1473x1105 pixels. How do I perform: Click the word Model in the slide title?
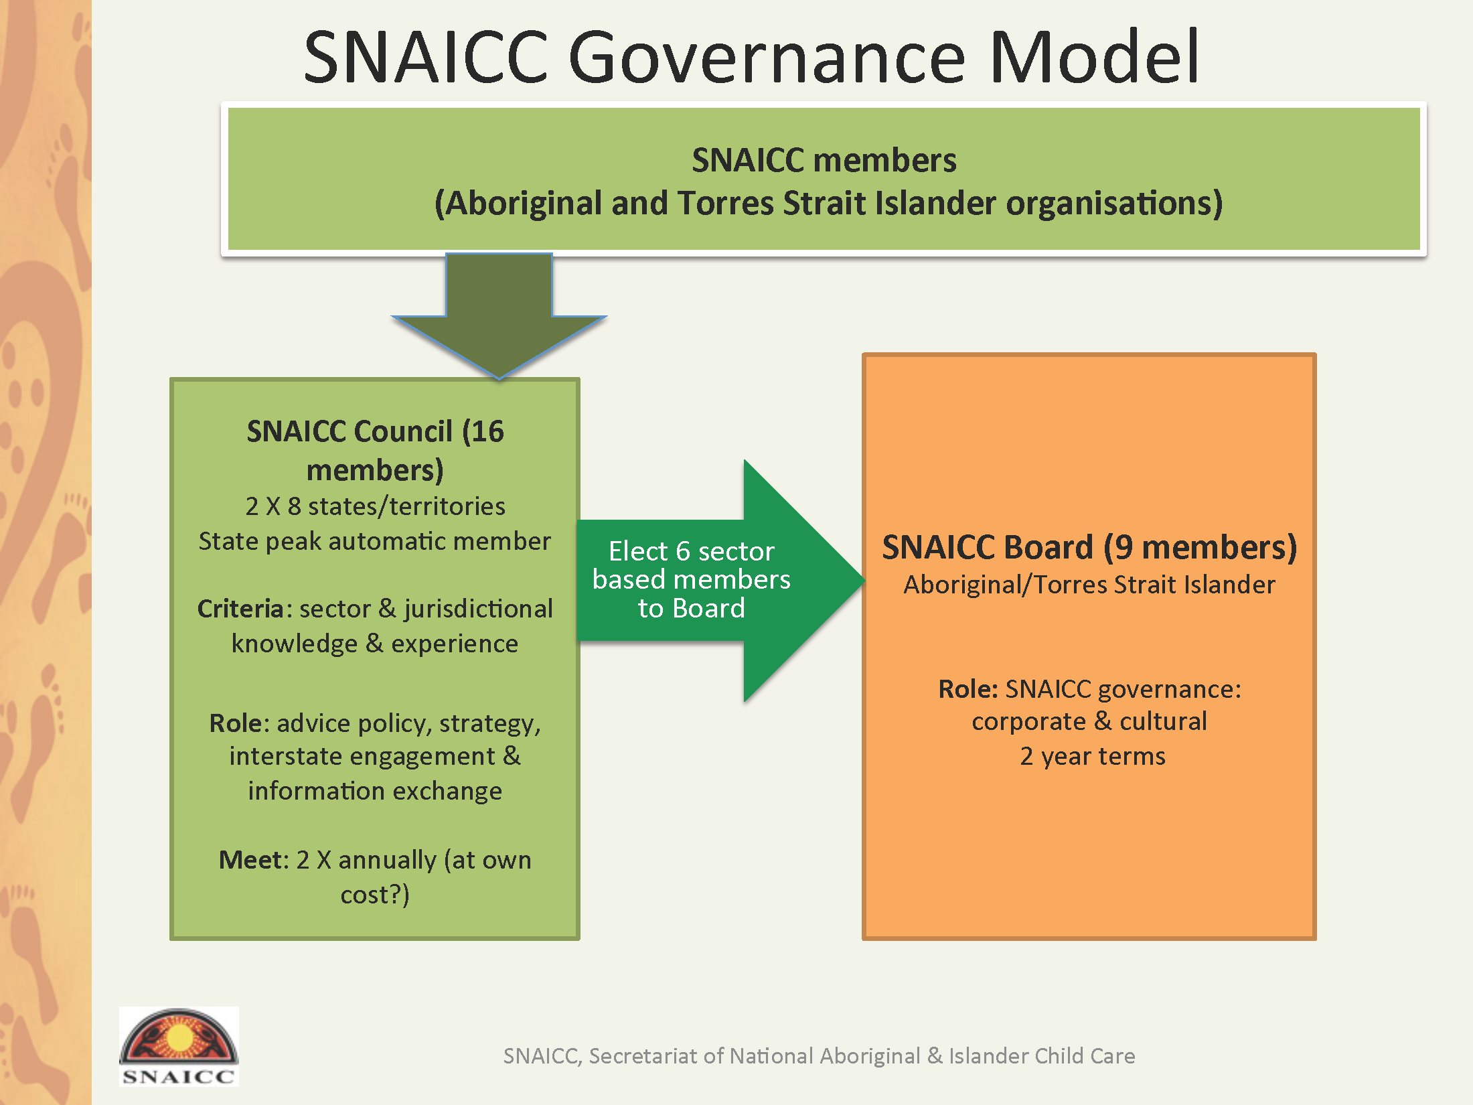(x=1094, y=56)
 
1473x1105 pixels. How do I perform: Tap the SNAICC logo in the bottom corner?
(x=179, y=1046)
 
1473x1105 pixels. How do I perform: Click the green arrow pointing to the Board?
(x=720, y=581)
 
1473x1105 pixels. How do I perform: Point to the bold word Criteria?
(x=241, y=609)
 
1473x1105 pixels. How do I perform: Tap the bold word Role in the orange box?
(x=968, y=688)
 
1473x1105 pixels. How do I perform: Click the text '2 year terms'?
(x=1093, y=756)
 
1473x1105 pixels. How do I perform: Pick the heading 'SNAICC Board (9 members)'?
(x=1089, y=547)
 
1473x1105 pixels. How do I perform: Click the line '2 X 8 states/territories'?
(x=375, y=506)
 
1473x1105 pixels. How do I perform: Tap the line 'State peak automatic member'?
(x=375, y=541)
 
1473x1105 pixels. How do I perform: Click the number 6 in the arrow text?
(x=683, y=551)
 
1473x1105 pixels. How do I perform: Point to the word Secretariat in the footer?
(x=645, y=1056)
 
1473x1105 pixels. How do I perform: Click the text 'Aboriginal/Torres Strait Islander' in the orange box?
(x=1089, y=585)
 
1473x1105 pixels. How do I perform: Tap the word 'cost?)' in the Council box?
(x=375, y=895)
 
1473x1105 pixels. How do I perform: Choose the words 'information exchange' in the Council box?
(x=375, y=791)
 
